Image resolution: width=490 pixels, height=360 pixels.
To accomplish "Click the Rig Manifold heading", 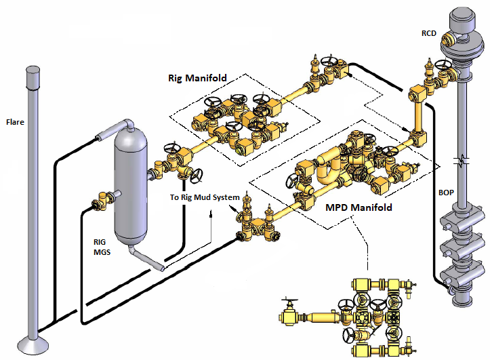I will (x=197, y=78).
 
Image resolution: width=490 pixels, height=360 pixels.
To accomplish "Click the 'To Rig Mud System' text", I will (x=205, y=197).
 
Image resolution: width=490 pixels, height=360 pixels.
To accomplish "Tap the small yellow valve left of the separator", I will (x=100, y=199).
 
